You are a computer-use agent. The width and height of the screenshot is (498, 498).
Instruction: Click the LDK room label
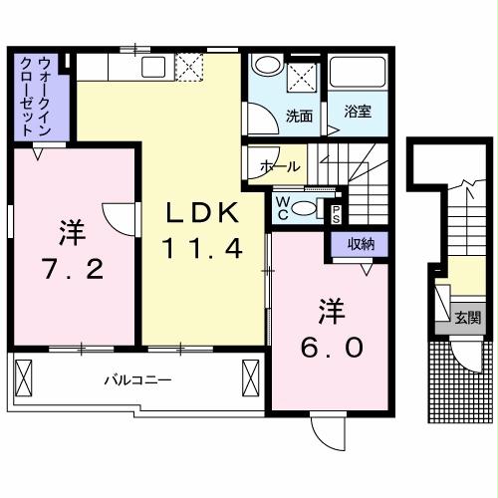[201, 212]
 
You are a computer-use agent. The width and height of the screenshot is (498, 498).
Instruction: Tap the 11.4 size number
[203, 249]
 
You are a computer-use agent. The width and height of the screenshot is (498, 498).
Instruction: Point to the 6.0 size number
[334, 348]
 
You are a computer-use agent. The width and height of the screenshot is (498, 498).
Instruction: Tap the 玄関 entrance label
[468, 319]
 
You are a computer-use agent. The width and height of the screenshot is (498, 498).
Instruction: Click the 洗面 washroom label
[299, 115]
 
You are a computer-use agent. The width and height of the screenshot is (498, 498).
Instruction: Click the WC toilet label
[283, 207]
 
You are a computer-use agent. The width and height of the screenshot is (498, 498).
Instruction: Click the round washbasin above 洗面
[264, 65]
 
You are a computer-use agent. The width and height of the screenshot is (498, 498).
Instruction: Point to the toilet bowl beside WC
[309, 207]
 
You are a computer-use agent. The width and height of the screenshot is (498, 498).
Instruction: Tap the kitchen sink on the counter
[154, 68]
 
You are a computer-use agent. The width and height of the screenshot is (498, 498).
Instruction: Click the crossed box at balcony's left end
[26, 378]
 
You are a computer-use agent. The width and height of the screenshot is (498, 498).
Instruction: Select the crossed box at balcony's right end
[250, 379]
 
